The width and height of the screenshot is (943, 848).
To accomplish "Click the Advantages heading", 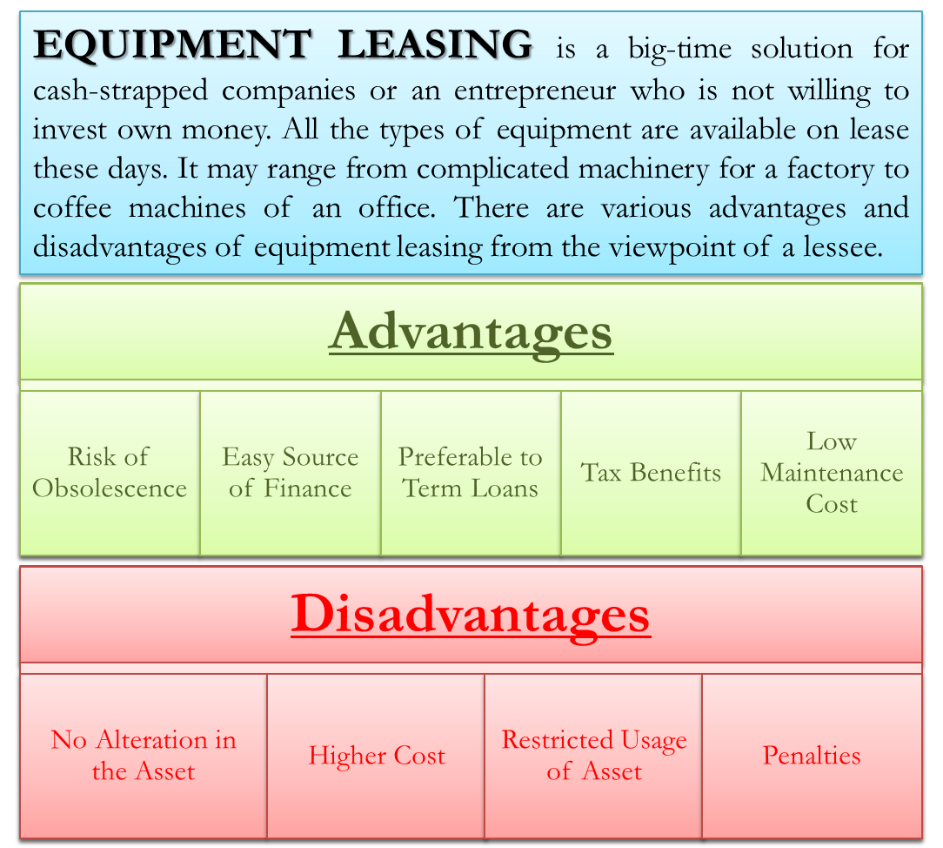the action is coord(471,333).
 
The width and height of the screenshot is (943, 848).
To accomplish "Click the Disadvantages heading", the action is coord(471,615).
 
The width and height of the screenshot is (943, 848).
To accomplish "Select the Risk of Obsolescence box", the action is coord(110,473).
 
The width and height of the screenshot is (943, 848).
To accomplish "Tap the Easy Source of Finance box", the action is coord(291,473).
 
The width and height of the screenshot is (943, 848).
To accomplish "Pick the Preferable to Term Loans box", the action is coord(471,473).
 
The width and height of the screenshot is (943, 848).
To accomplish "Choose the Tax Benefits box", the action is coord(651,473).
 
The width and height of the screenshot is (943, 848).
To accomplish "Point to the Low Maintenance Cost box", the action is coord(832,473).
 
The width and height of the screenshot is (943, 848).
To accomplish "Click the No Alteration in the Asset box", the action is coord(144,756).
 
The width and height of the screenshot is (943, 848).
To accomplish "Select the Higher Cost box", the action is coord(376,756).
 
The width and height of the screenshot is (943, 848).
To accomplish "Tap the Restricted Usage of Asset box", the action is coord(593,756).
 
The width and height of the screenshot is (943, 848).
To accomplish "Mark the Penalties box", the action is coord(812,756).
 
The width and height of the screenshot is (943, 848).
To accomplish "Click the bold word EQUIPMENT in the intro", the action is coord(172,46).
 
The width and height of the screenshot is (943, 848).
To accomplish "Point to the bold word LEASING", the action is coord(435,44).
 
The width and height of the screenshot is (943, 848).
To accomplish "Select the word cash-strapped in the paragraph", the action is coord(120,91).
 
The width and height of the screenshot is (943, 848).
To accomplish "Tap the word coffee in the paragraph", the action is coord(72,207).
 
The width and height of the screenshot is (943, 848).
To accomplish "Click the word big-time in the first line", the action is coord(679,50).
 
